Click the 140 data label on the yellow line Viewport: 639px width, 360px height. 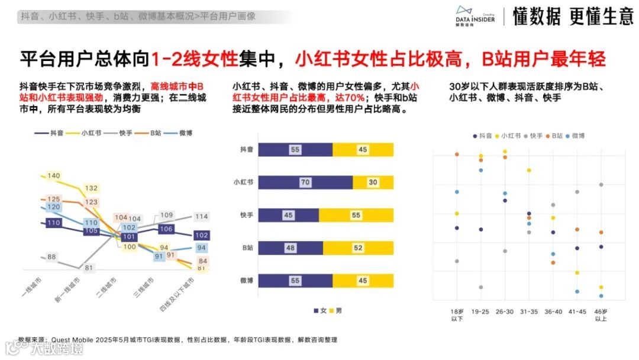tap(54, 176)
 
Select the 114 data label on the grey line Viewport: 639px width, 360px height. tap(201, 217)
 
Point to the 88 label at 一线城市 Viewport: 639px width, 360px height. tap(51, 256)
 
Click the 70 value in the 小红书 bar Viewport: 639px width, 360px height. tap(305, 182)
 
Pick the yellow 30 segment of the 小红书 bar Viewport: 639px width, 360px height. tap(373, 182)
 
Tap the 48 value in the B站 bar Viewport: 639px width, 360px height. tap(291, 248)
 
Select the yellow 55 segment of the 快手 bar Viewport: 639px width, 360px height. tap(356, 216)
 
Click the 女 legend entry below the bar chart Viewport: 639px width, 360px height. tap(319, 310)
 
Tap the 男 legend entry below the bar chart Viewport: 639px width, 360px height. tap(335, 310)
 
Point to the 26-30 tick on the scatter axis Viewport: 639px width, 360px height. tap(504, 311)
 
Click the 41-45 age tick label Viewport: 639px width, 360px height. tap(576, 311)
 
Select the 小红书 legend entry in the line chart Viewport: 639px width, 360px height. tap(84, 133)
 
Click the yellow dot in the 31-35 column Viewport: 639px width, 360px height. tap(529, 171)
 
